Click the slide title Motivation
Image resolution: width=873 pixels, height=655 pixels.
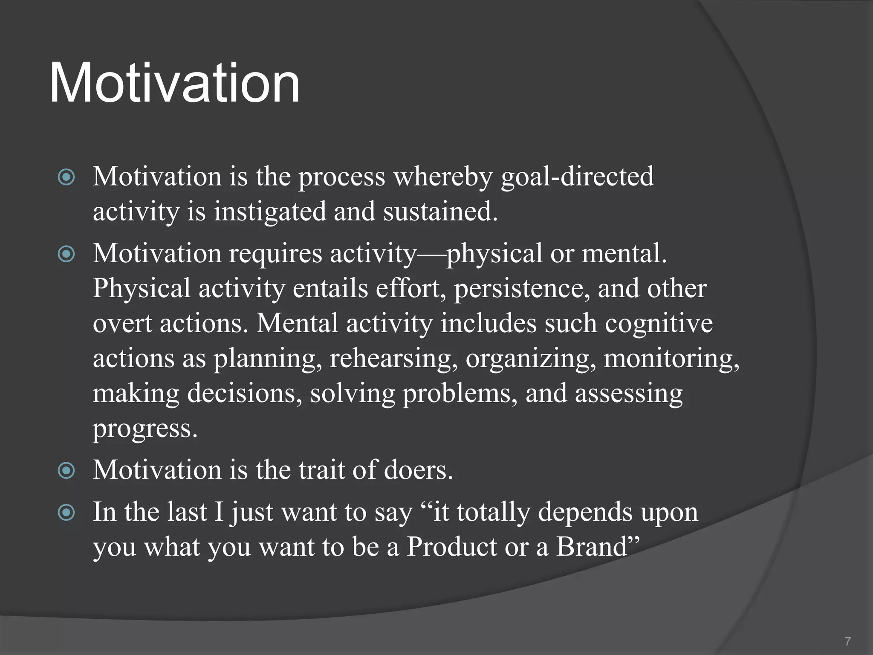[x=175, y=83]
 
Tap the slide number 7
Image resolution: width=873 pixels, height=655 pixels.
[x=847, y=641]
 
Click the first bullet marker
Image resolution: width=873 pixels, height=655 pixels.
[x=66, y=177]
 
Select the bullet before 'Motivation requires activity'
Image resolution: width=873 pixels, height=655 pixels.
[x=66, y=254]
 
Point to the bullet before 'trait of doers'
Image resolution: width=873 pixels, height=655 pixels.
[x=66, y=471]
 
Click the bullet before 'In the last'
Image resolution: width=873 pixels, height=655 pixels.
[x=66, y=513]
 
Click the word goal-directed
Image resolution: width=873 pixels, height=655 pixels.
[x=577, y=177]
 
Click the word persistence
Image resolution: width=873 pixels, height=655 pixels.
[x=522, y=289]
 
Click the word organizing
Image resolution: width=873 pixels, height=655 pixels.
[x=531, y=359]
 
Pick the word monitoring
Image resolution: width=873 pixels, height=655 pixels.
[x=671, y=359]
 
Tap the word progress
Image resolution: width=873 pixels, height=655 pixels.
[x=145, y=429]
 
